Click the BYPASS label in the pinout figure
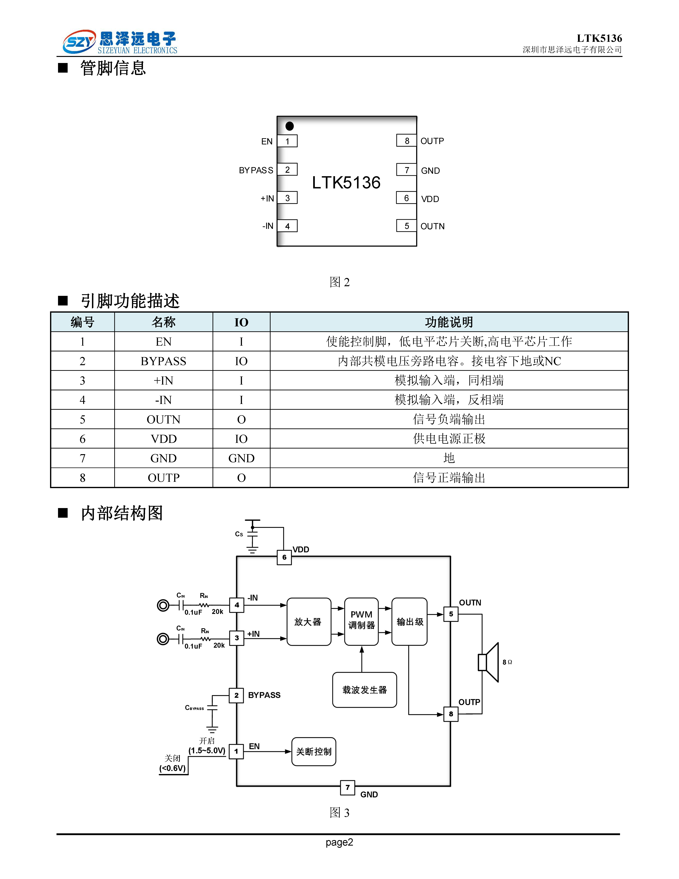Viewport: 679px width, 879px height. pyautogui.click(x=256, y=170)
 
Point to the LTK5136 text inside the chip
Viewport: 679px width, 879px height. pyautogui.click(x=346, y=183)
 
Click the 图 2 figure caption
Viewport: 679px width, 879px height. pyautogui.click(x=340, y=282)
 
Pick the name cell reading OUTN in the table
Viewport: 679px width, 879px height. pyautogui.click(x=163, y=419)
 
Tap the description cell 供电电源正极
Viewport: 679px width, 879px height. pyautogui.click(x=449, y=439)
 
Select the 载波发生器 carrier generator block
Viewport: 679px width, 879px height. pyautogui.click(x=364, y=690)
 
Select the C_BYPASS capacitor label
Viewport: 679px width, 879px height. pyautogui.click(x=194, y=707)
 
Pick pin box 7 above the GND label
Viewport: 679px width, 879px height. pyautogui.click(x=348, y=787)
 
